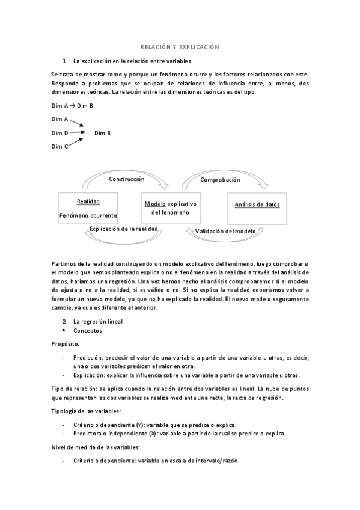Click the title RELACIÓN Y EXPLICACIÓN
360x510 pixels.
(x=180, y=46)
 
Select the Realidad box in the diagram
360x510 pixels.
(x=88, y=208)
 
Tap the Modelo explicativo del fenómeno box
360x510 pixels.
(x=170, y=208)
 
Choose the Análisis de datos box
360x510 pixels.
(x=257, y=208)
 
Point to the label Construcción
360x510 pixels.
(x=126, y=179)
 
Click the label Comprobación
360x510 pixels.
(x=221, y=180)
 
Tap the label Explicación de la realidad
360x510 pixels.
(x=123, y=229)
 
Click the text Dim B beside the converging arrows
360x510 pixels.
(x=102, y=132)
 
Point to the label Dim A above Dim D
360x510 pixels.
(x=59, y=119)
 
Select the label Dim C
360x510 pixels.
(x=59, y=146)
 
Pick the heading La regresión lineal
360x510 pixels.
(x=98, y=321)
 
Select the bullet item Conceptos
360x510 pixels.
(x=88, y=330)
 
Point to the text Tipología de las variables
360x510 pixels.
(x=87, y=411)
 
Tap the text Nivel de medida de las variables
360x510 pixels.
(x=96, y=447)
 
